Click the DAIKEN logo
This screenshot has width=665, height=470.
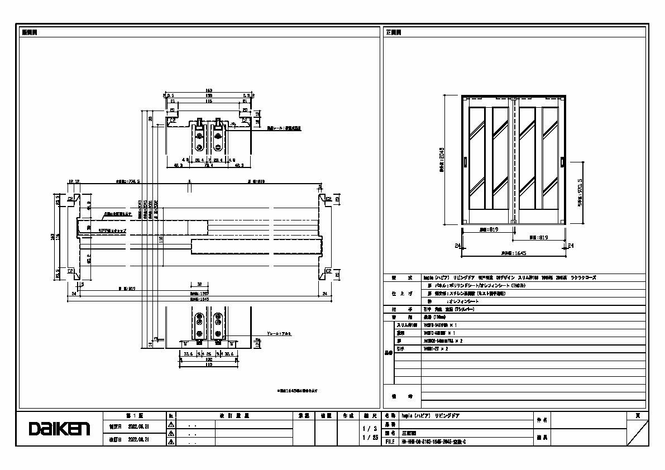coord(59,429)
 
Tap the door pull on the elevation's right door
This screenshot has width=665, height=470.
coord(563,162)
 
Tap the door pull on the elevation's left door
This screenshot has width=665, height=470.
coord(465,162)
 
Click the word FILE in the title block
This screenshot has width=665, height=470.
coord(390,441)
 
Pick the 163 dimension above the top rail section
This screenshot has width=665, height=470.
coord(209,90)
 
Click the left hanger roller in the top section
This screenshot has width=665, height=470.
coord(199,137)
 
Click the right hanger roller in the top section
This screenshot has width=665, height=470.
coord(218,137)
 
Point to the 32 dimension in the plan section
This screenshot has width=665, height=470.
coord(199,284)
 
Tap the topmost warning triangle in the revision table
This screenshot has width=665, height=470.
coord(171,425)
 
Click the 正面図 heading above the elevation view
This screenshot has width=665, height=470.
coord(393,32)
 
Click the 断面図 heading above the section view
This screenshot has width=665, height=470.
coord(30,32)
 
